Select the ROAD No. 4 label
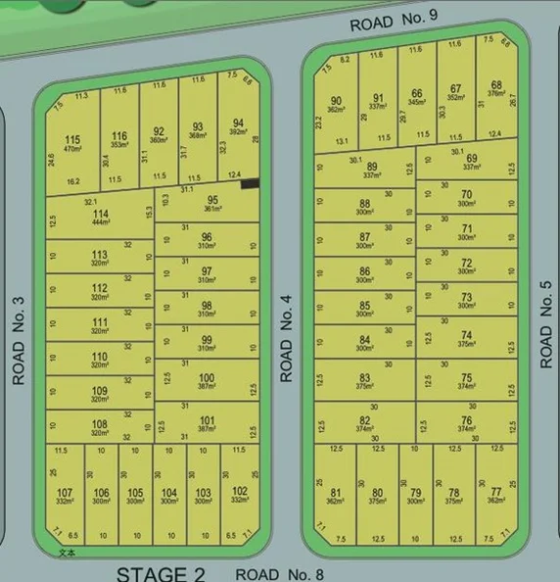(287, 339)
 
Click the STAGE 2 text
(161, 573)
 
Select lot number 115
(72, 140)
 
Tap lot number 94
(239, 123)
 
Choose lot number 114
(100, 214)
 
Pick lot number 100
(207, 377)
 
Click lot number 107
(65, 492)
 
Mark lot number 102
(239, 492)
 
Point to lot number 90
(336, 100)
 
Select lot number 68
(496, 85)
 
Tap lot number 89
(372, 167)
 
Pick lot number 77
(495, 491)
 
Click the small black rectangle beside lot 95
(251, 182)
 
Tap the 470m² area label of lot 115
(72, 150)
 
